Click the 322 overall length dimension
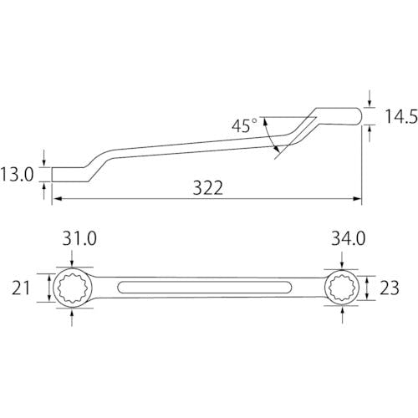(x=208, y=188)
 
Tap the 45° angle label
(x=244, y=125)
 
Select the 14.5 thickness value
(x=401, y=116)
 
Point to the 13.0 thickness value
(x=17, y=175)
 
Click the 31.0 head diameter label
(x=79, y=238)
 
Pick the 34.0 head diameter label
(x=348, y=238)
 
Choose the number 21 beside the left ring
(x=21, y=288)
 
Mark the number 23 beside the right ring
(x=390, y=288)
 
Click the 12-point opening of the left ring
(x=72, y=288)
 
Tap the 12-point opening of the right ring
(x=342, y=288)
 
